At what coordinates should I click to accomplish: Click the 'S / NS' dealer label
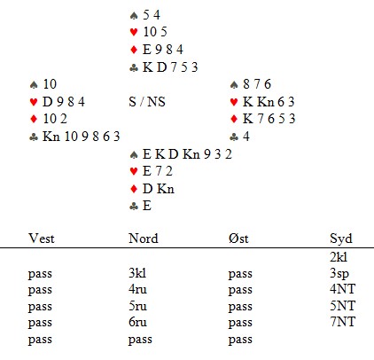[147, 102]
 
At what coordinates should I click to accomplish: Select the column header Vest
[42, 239]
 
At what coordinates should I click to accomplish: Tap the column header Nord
[144, 239]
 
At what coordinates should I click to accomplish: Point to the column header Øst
[238, 239]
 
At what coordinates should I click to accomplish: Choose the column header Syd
[341, 239]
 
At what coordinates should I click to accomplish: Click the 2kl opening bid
[339, 257]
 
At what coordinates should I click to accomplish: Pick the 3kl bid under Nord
[137, 273]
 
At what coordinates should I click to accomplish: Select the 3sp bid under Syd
[339, 274]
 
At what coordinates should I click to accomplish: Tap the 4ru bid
[137, 289]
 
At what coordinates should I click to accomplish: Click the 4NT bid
[342, 289]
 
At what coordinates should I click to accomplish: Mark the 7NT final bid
[342, 322]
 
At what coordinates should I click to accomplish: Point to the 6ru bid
[137, 322]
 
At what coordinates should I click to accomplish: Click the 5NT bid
[342, 306]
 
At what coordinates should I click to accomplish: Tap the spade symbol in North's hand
[134, 15]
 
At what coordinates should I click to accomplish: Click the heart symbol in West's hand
[34, 102]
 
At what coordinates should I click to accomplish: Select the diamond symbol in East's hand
[234, 119]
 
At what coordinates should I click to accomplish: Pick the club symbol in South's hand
[134, 207]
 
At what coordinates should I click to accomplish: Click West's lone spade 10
[50, 84]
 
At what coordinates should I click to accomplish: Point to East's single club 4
[246, 137]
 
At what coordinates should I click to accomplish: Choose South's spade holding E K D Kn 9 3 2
[187, 154]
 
